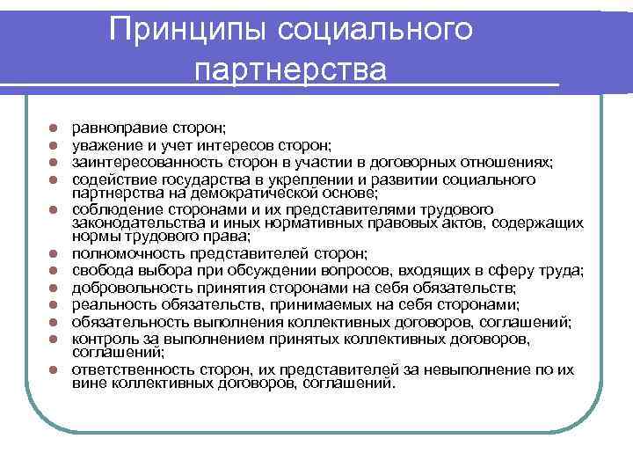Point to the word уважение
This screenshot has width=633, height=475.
104,145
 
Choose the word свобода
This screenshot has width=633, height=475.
98,270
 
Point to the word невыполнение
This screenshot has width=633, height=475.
488,369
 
